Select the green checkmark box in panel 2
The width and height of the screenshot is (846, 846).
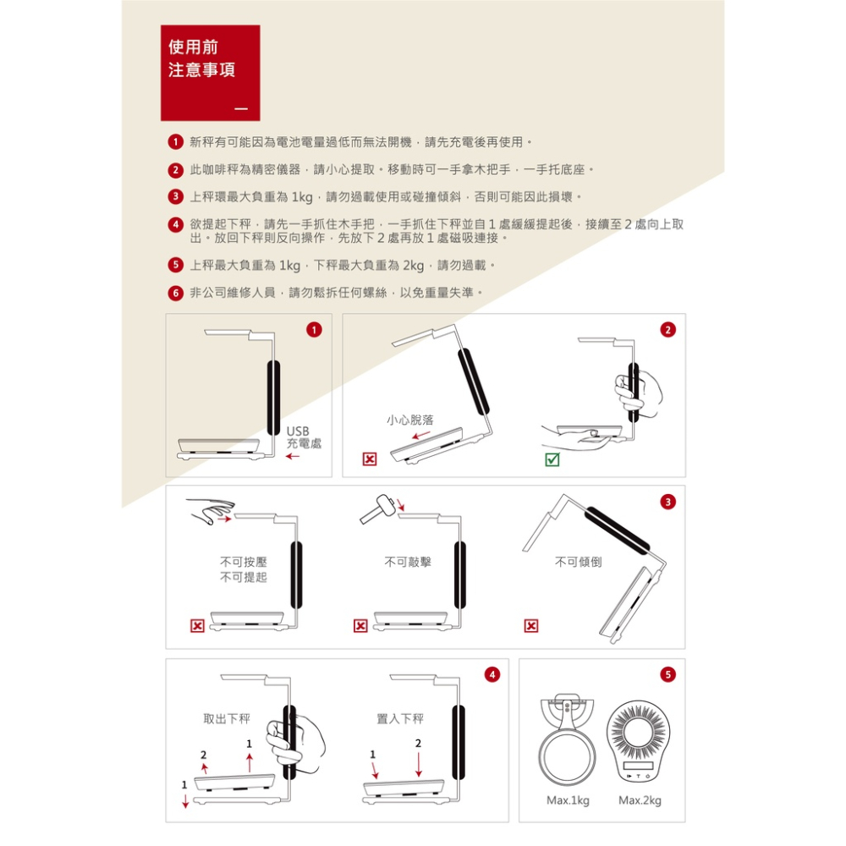[552, 459]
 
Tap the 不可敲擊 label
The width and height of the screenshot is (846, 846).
[408, 562]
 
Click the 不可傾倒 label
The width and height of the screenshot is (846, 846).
[578, 562]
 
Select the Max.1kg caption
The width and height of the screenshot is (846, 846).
[568, 800]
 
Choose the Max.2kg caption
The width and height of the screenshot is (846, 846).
[640, 800]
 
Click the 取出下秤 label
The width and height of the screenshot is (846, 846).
[227, 718]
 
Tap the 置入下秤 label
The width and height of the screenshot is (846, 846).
[400, 718]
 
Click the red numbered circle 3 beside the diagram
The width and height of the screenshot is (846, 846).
[668, 502]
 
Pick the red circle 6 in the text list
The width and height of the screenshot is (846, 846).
[175, 294]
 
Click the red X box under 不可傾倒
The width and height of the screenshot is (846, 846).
[531, 626]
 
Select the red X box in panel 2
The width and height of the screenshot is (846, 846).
[370, 459]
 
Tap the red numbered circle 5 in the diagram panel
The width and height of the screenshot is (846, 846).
[668, 675]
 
